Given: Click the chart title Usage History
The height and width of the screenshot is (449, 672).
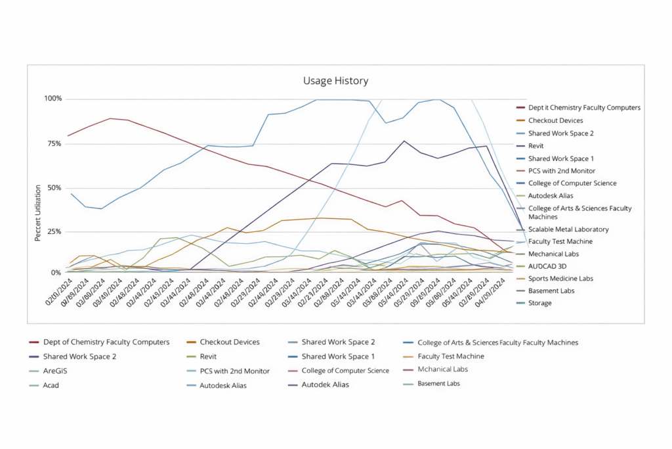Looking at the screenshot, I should (x=335, y=81).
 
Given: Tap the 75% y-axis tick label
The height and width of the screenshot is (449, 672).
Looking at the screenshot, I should (x=54, y=143).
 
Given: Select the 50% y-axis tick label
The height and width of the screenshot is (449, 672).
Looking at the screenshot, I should (x=54, y=188).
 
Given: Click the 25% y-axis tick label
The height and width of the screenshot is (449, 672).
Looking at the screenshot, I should (x=54, y=232).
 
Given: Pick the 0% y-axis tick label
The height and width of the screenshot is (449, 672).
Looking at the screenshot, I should (x=56, y=272).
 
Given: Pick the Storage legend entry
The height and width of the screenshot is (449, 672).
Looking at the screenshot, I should (x=539, y=303).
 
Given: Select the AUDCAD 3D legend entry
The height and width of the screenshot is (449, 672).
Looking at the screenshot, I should (x=548, y=266).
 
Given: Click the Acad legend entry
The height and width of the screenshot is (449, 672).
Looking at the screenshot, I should (x=51, y=385).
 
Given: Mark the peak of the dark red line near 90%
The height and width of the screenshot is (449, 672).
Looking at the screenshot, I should (x=110, y=118).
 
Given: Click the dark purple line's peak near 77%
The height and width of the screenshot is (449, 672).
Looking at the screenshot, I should (x=404, y=141).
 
